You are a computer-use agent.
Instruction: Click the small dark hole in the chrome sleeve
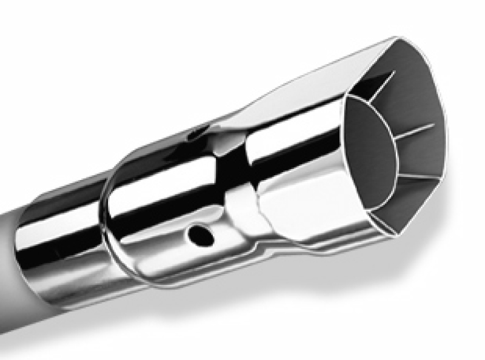coord(198,233)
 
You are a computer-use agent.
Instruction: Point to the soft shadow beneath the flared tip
coord(364,267)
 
